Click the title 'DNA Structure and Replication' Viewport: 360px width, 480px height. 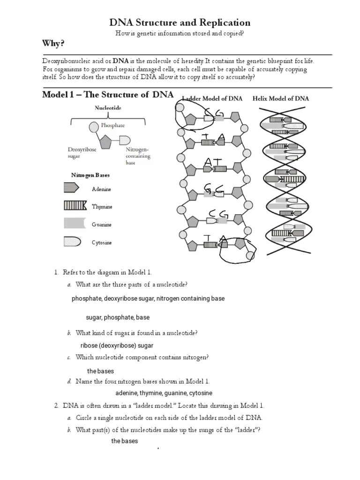click(x=180, y=22)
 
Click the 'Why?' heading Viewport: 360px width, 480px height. click(x=53, y=44)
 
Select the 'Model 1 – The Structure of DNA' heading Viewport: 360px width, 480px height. click(x=108, y=95)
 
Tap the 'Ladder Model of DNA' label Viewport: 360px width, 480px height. click(x=212, y=98)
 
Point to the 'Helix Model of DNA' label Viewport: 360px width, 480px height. click(x=281, y=98)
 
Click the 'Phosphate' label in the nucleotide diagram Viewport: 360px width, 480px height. click(x=113, y=125)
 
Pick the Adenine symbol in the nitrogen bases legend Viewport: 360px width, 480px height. click(x=72, y=188)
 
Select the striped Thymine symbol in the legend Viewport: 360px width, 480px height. click(x=75, y=205)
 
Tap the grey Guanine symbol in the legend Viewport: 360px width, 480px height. click(x=75, y=224)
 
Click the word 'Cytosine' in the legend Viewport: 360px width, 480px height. click(x=102, y=243)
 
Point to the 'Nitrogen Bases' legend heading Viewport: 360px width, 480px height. click(x=90, y=175)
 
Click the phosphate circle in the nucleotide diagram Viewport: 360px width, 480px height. click(x=94, y=127)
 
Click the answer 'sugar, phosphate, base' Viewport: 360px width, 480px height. click(x=118, y=317)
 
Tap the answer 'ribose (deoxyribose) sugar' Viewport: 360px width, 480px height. click(x=117, y=345)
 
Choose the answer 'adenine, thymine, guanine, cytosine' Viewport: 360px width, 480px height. click(x=164, y=393)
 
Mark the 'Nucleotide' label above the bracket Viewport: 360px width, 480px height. click(x=108, y=108)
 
